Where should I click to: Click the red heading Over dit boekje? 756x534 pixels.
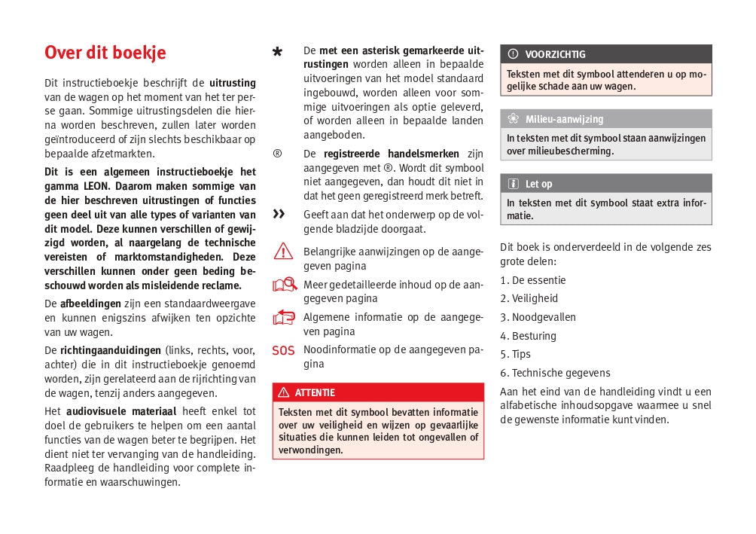(105, 53)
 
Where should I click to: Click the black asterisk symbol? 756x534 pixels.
(278, 52)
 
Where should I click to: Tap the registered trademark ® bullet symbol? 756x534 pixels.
(277, 154)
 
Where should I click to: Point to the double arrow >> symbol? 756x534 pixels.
(279, 214)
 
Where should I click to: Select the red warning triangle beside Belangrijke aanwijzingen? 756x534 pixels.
(283, 252)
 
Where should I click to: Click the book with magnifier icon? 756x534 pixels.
(285, 285)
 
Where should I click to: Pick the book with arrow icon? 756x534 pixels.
(284, 317)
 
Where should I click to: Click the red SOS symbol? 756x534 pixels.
(283, 350)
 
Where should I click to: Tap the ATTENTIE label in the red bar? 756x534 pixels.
(315, 392)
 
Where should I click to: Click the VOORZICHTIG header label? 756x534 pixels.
(555, 54)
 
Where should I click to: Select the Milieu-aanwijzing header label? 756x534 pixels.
(564, 119)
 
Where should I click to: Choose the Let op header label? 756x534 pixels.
(538, 184)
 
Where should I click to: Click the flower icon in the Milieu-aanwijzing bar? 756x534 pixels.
(513, 119)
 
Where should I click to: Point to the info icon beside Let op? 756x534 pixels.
(513, 184)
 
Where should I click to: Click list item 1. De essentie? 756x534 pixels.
(533, 280)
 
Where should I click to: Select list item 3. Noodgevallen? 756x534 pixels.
(538, 317)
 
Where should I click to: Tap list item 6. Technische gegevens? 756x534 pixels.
(555, 373)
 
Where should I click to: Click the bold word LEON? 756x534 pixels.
(94, 185)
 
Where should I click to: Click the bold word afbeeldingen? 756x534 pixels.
(90, 304)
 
